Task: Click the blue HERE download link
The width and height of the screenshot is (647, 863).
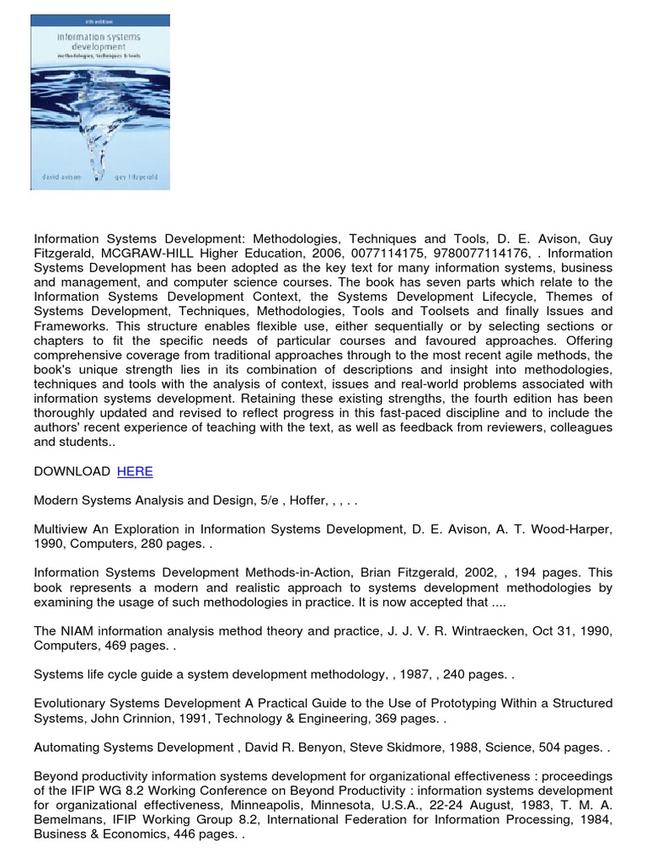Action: tap(135, 471)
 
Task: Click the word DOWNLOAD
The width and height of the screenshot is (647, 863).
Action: tap(72, 471)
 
